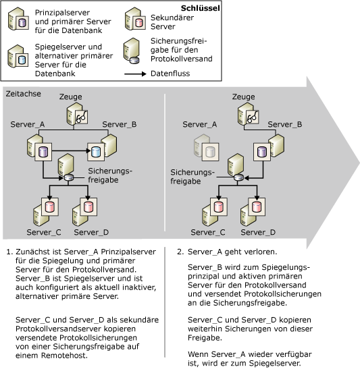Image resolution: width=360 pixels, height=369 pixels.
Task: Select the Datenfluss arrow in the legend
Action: coord(134,71)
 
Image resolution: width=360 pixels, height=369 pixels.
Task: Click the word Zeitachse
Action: coord(22,94)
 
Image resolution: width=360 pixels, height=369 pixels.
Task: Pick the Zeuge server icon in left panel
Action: coord(76,115)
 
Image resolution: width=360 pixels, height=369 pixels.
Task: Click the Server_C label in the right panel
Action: coord(208,232)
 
